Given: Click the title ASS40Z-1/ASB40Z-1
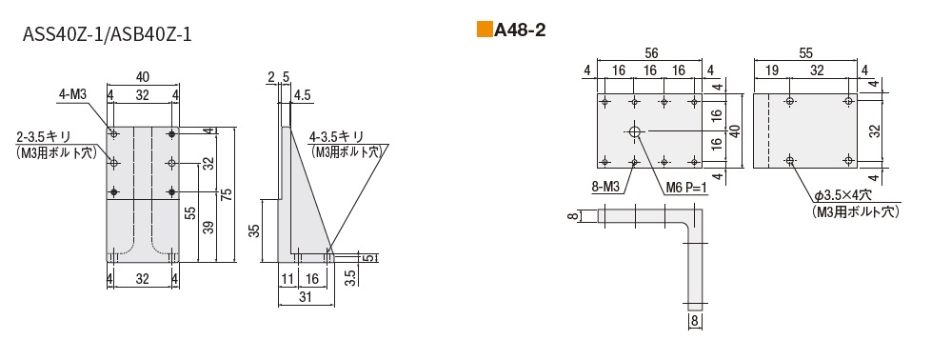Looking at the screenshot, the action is [x=107, y=34].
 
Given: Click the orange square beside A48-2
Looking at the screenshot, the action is [x=485, y=30].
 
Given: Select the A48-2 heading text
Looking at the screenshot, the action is [x=521, y=30].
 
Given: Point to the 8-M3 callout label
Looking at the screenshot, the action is [x=605, y=188].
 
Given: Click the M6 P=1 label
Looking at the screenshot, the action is [x=686, y=188].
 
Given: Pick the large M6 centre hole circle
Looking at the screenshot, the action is [x=635, y=131].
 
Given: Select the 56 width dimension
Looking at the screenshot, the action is [x=649, y=53].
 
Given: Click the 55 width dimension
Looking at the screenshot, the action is [x=805, y=53].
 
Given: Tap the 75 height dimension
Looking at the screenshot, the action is [x=226, y=194].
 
